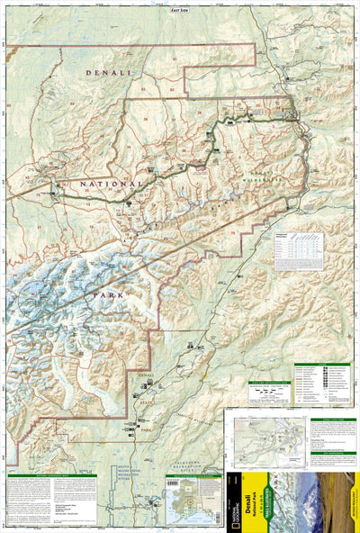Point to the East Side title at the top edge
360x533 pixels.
tap(181, 9)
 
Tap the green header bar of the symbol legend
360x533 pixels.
tap(329, 366)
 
